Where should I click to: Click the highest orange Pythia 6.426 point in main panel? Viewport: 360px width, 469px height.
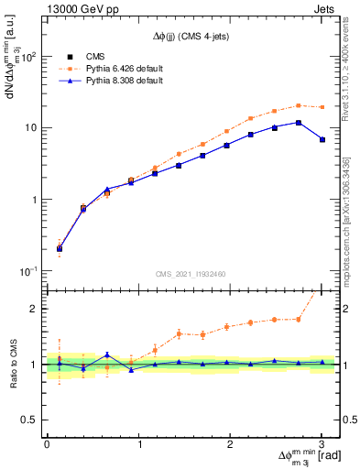299,105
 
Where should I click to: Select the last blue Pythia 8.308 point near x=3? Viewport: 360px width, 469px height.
322,139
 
